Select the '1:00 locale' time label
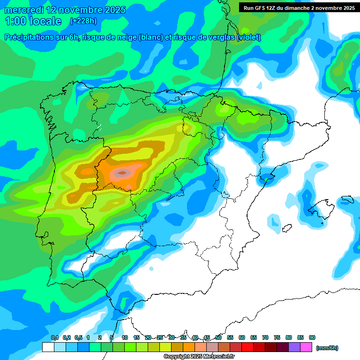click(33, 21)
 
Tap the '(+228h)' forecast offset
click(83, 21)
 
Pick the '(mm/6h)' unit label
click(327, 348)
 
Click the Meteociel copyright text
click(199, 357)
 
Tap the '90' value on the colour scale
click(312, 337)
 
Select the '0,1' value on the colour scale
click(55, 337)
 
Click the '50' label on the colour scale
click(218, 337)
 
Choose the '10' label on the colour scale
click(125, 337)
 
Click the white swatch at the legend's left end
click(48, 347)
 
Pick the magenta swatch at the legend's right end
click(306, 347)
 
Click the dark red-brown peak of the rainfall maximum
click(123, 173)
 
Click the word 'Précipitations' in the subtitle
click(35, 37)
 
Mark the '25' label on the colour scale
click(160, 337)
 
